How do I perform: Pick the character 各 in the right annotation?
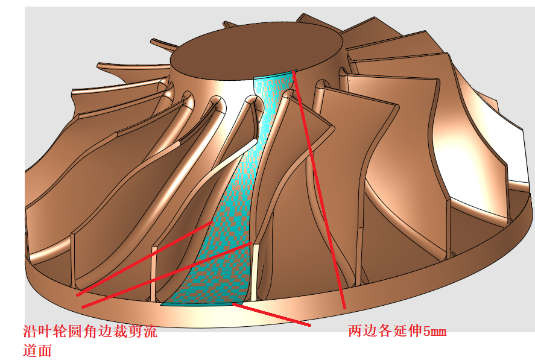[x=381, y=331]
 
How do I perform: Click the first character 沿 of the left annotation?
[x=29, y=331]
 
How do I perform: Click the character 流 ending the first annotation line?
[x=150, y=331]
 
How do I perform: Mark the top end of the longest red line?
[x=294, y=71]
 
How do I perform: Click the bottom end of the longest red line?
[x=345, y=308]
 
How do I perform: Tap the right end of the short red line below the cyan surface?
[x=310, y=326]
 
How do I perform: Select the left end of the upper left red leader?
[x=77, y=295]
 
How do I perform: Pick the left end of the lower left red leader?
[x=83, y=307]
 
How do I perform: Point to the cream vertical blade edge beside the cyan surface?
[x=255, y=271]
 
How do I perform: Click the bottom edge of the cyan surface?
[x=199, y=305]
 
